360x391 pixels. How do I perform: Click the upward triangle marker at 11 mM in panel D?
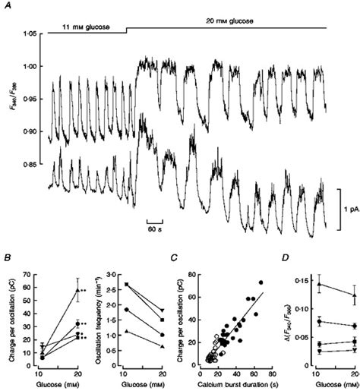pos(298,284)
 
